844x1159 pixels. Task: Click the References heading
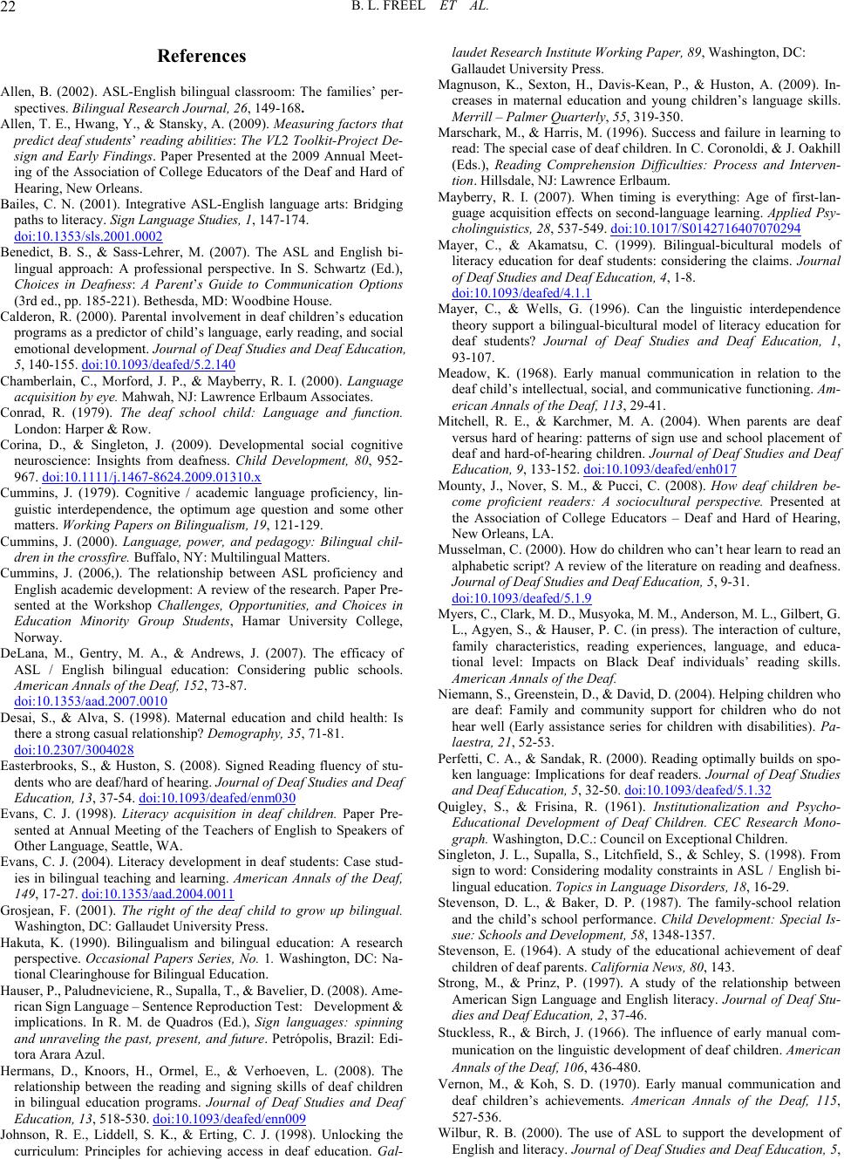201,57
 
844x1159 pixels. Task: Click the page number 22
13,9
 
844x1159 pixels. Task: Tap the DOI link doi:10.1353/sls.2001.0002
89,235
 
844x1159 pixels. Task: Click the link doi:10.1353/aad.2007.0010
92,700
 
